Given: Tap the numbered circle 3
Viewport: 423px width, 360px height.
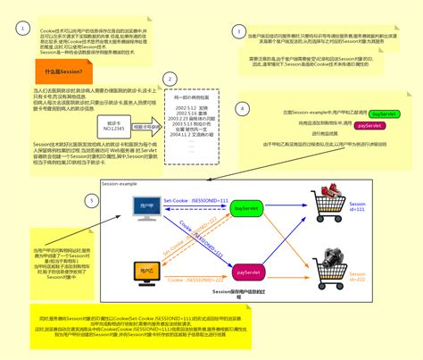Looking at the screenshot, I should coord(239,31).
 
